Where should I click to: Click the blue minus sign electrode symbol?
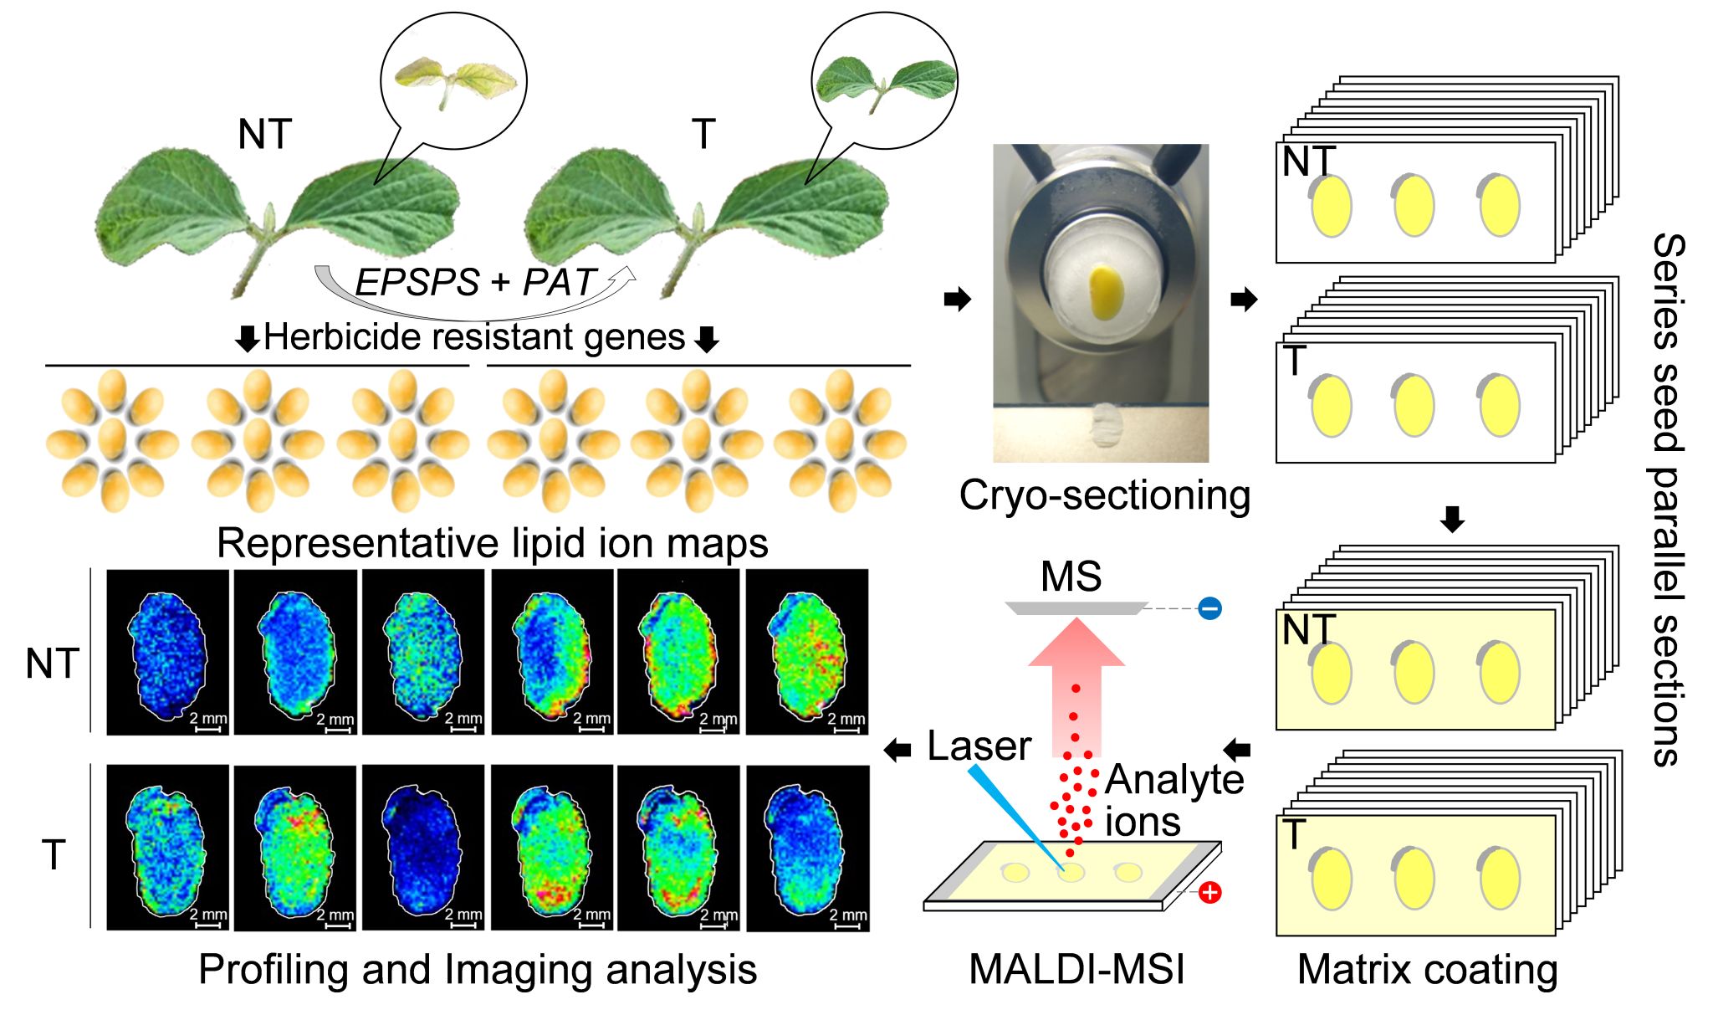(x=1209, y=608)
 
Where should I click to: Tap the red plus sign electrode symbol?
(x=1209, y=893)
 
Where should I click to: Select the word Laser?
(x=979, y=746)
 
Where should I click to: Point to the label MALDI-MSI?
(x=1076, y=970)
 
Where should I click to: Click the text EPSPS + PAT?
(x=475, y=283)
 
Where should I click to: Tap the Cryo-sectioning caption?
(x=1104, y=495)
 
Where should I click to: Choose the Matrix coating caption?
(x=1427, y=970)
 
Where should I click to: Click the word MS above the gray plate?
(x=1071, y=577)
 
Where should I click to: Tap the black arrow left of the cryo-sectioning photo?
(x=957, y=299)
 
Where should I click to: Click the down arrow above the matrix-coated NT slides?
(x=1453, y=519)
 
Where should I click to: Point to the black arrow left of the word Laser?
(x=897, y=750)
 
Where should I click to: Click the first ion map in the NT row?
(x=167, y=653)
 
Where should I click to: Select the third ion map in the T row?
(x=423, y=847)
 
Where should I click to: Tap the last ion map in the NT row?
(x=807, y=653)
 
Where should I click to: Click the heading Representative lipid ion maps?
(x=492, y=543)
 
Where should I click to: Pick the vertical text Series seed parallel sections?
(x=1667, y=500)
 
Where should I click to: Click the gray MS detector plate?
(x=1075, y=608)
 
